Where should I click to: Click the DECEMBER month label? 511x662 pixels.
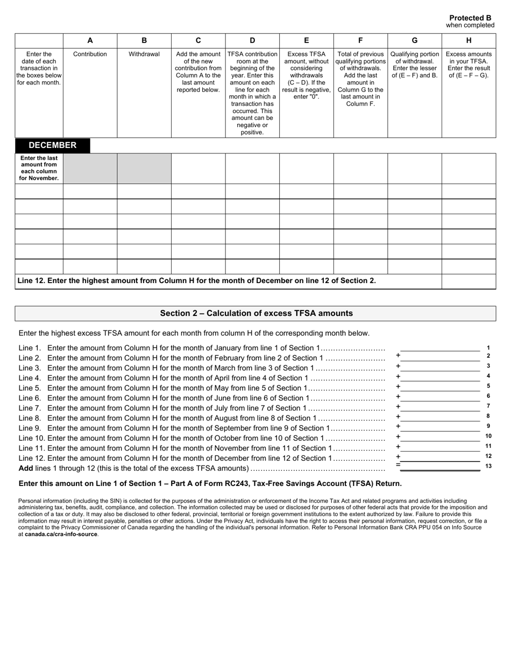52,145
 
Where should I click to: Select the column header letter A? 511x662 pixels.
90,40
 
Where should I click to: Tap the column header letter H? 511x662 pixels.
469,40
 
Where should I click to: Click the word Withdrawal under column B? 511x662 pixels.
144,54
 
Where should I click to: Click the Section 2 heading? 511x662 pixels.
256,313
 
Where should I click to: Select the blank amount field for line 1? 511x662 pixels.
440,348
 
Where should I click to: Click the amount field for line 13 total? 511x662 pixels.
440,467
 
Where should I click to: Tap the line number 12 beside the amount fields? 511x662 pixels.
488,456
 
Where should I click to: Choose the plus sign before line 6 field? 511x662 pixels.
398,397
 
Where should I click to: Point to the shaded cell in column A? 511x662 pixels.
90,168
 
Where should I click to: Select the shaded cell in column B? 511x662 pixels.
144,168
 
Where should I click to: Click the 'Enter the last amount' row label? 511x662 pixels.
39,168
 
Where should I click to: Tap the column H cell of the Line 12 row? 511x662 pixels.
469,281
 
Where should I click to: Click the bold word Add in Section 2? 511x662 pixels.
26,468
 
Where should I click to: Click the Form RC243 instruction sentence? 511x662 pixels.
210,483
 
